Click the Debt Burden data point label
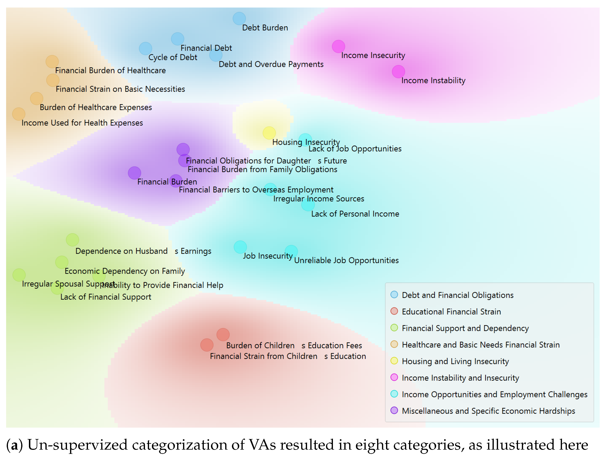tap(265, 28)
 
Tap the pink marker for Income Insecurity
tap(338, 46)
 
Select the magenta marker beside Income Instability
tap(398, 72)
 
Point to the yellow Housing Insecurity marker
tap(269, 133)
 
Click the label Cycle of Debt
tap(173, 57)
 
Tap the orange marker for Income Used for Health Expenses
tap(19, 114)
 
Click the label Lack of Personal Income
tap(355, 214)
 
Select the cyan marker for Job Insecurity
tap(240, 247)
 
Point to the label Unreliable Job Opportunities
tap(346, 260)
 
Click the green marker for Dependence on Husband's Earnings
tap(72, 240)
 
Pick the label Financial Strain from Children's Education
tap(288, 356)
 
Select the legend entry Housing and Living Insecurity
tap(455, 361)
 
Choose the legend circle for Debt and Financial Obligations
tap(394, 295)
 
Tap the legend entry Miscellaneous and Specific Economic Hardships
tap(488, 411)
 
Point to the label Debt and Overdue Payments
tap(271, 64)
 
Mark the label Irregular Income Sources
tap(319, 199)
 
